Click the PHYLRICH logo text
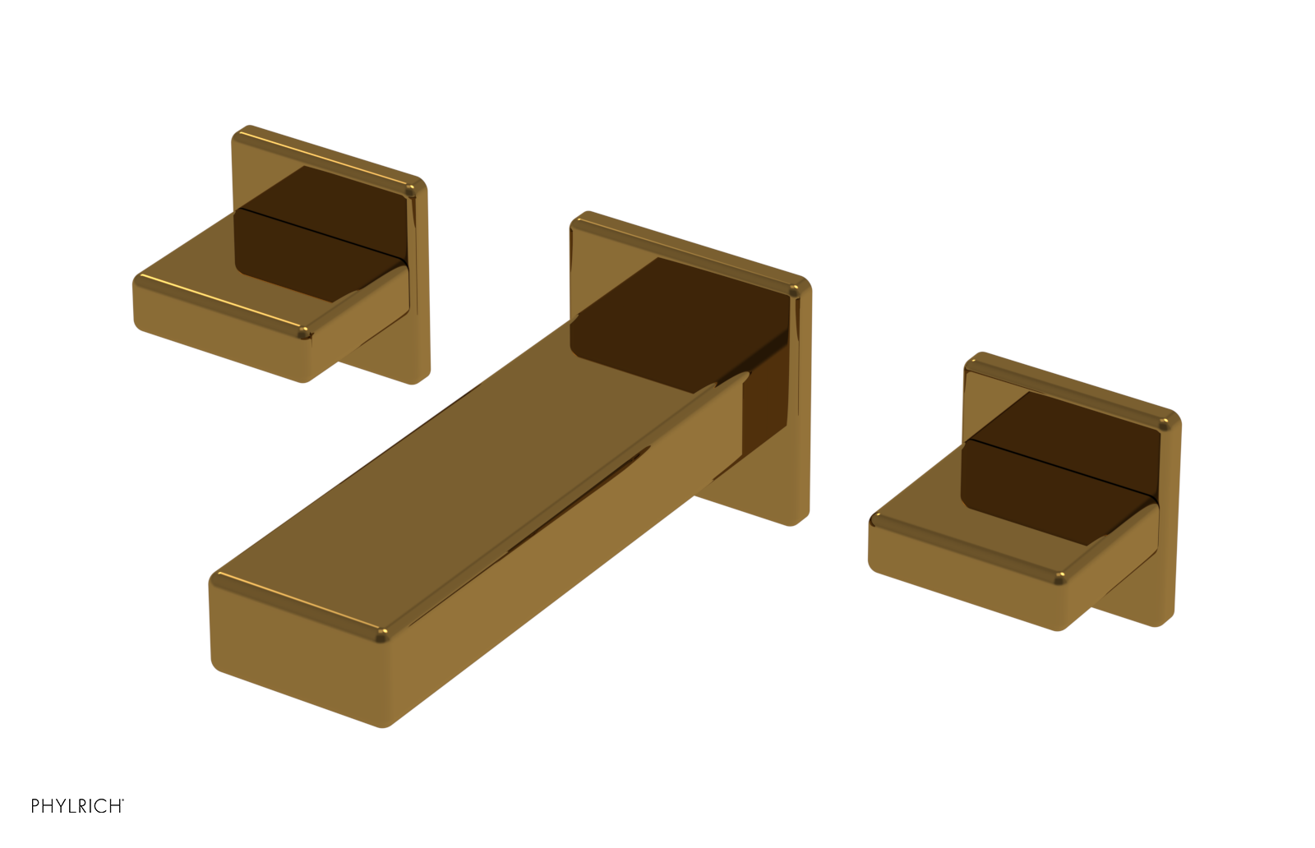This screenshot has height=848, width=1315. click(76, 806)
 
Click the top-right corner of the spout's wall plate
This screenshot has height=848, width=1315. click(801, 284)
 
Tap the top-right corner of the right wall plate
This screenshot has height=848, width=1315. click(1172, 419)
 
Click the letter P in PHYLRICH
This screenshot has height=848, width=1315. click(35, 806)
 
